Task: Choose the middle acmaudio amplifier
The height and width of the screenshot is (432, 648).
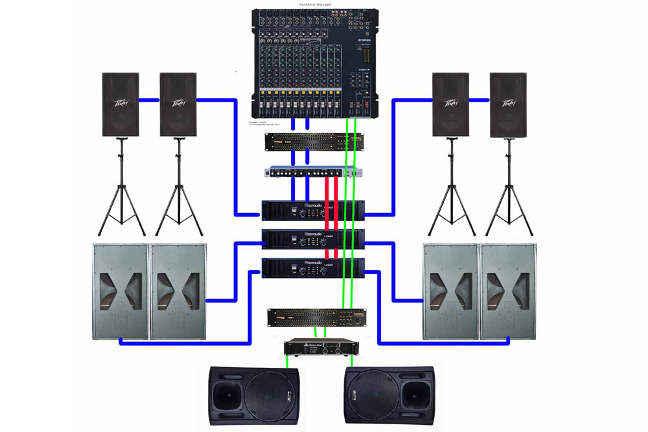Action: [x=313, y=238]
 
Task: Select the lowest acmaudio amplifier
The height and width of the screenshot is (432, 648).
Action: [x=313, y=267]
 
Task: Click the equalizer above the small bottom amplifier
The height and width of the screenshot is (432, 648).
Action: [x=316, y=317]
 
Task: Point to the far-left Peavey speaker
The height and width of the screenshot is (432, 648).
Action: [x=121, y=104]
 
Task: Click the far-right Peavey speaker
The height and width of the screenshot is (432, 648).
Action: [x=508, y=104]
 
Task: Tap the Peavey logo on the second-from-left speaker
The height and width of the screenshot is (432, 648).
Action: [x=178, y=102]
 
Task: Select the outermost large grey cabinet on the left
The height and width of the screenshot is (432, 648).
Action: [x=121, y=291]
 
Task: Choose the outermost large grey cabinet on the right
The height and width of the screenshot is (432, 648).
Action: [x=509, y=291]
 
